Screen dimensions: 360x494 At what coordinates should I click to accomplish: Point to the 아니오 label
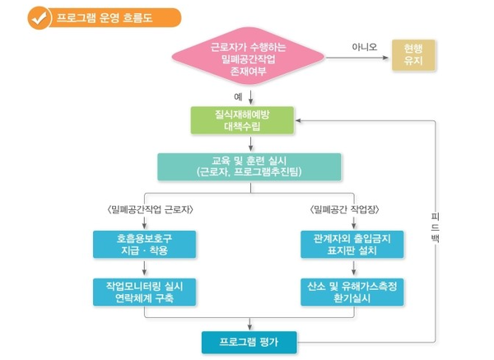coord(363,47)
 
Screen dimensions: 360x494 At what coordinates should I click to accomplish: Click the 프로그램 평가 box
coord(249,340)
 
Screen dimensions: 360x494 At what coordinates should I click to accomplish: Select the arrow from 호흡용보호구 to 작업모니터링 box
coord(144,268)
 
